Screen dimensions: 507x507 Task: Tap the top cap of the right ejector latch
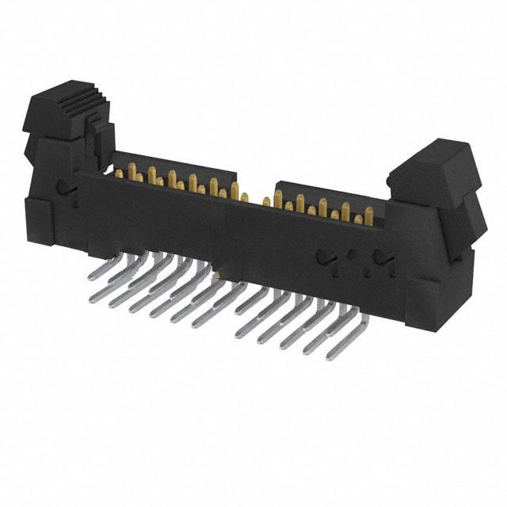click(434, 158)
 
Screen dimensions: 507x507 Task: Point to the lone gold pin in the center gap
click(266, 200)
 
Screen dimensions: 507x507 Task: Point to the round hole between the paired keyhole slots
click(351, 256)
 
